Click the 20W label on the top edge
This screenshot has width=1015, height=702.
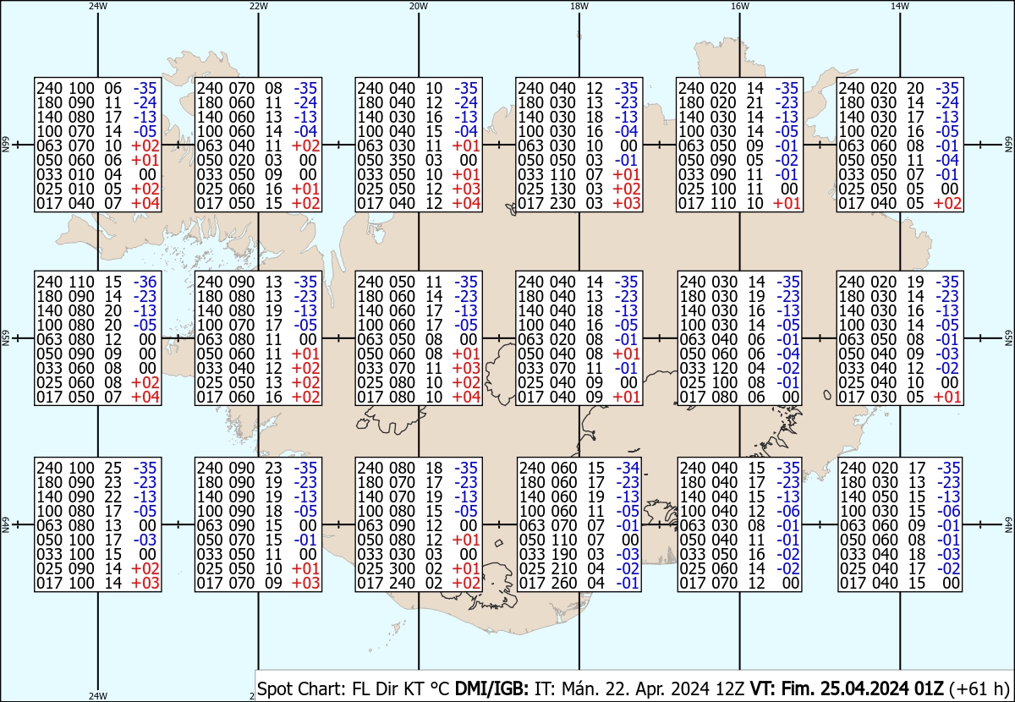point(419,6)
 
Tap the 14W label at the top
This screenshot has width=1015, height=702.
point(900,6)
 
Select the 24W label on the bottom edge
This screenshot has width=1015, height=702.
point(98,696)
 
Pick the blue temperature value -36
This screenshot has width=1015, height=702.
point(146,282)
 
